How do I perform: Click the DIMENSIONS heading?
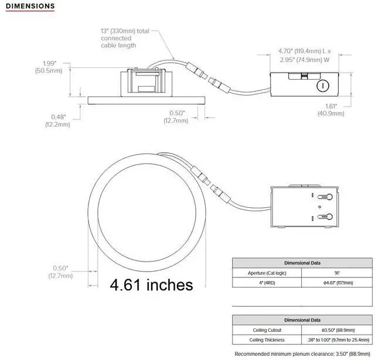click(30, 6)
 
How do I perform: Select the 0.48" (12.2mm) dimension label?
click(57, 120)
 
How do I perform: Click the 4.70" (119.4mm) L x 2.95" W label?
click(304, 55)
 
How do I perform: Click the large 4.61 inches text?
click(151, 285)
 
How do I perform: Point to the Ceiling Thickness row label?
click(267, 340)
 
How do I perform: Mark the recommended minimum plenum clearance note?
click(303, 354)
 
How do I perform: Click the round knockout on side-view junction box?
click(321, 86)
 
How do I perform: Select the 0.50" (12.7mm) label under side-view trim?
click(176, 116)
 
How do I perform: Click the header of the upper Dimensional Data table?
click(302, 263)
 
